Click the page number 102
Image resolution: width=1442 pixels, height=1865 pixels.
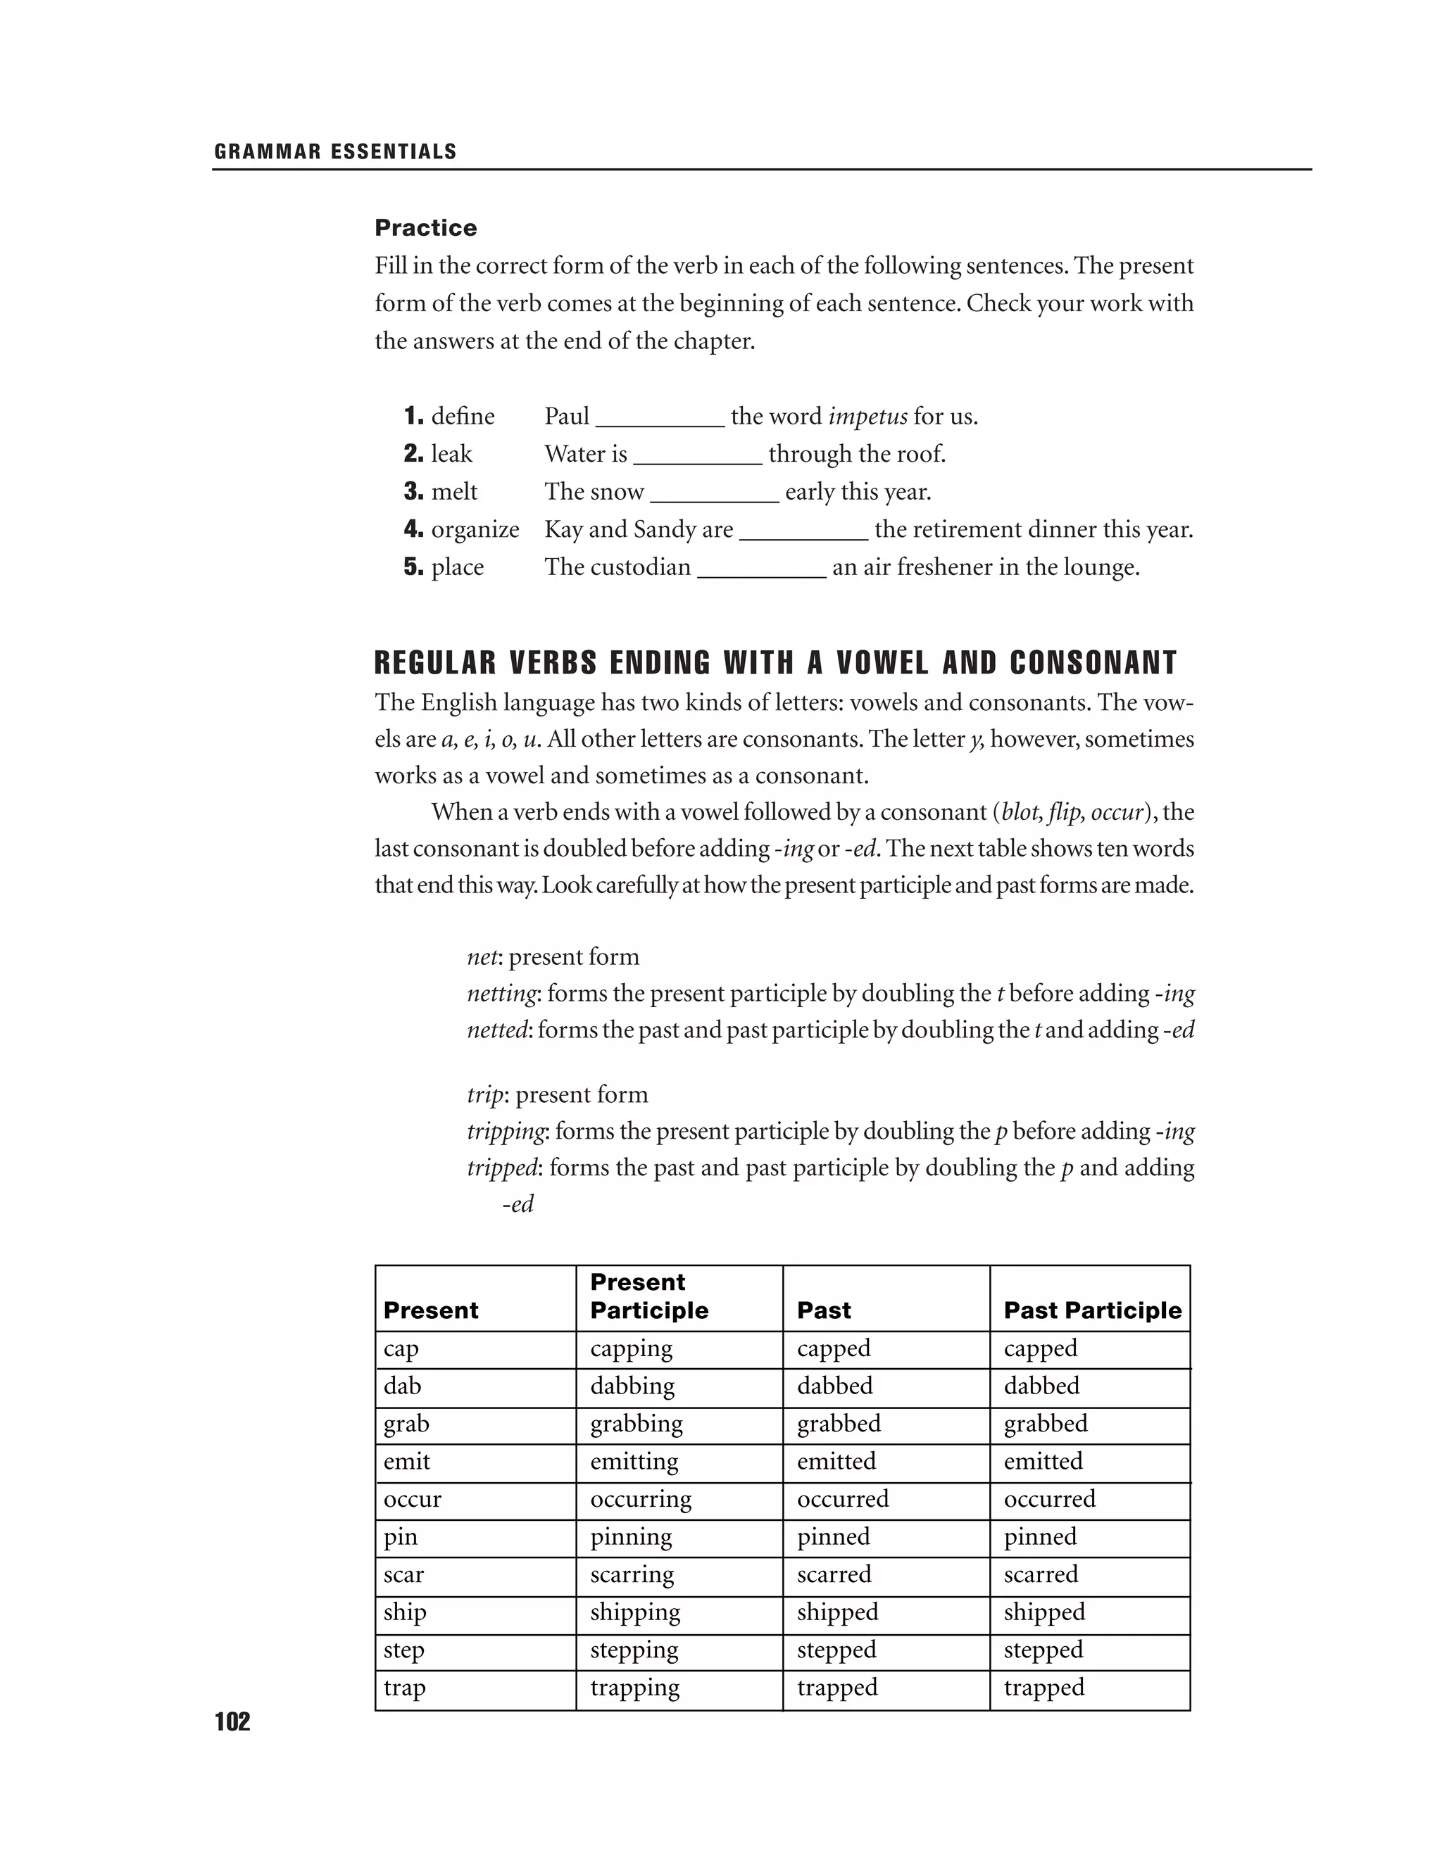tap(232, 1721)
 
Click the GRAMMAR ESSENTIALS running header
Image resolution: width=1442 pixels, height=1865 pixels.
tap(335, 152)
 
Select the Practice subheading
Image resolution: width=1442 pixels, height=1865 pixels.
tap(425, 228)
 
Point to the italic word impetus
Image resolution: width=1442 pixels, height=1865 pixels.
tap(867, 417)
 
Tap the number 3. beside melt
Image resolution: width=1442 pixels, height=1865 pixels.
tap(413, 492)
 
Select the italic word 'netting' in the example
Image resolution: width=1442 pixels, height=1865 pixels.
tap(502, 993)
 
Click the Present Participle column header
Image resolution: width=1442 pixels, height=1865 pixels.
tap(648, 1296)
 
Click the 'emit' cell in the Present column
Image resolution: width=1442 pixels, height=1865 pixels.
tap(407, 1461)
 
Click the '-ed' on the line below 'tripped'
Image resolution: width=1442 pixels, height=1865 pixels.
tap(518, 1204)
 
